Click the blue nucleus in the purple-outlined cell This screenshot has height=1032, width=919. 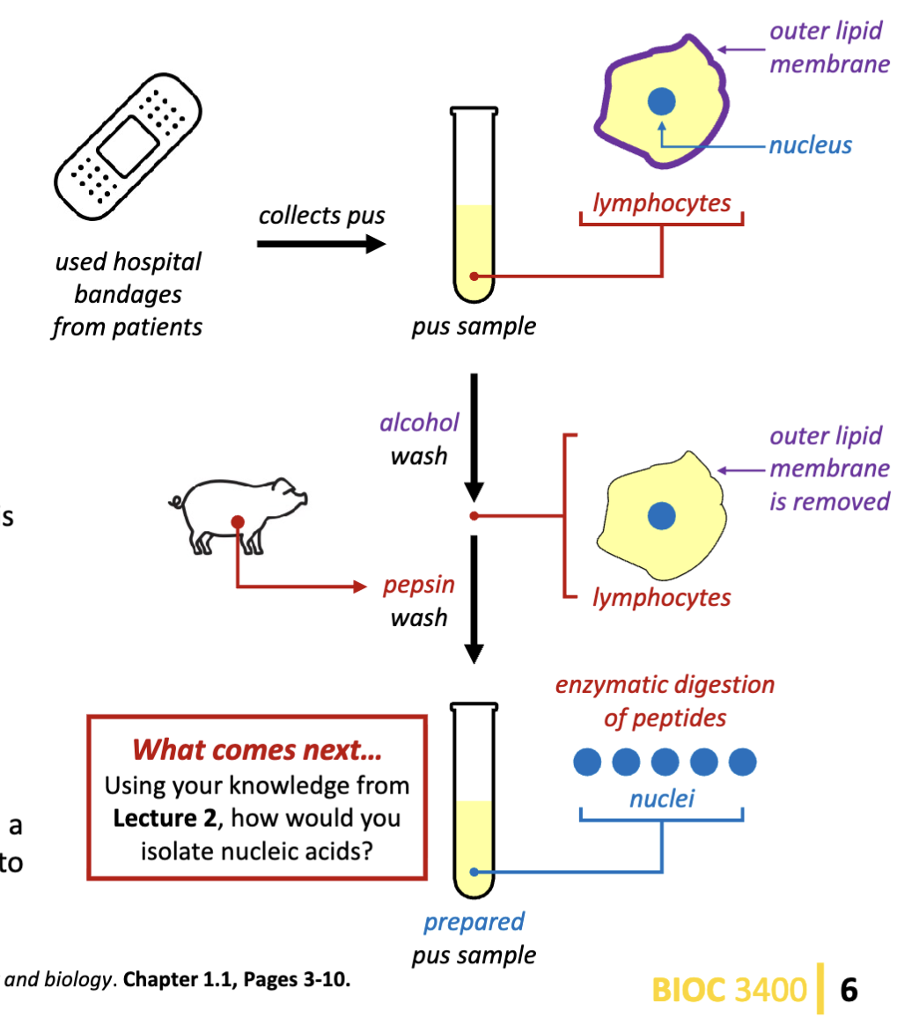click(x=662, y=102)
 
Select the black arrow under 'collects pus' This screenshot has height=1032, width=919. click(x=321, y=243)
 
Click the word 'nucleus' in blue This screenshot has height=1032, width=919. click(x=810, y=145)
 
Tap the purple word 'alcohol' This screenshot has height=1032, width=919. click(x=419, y=423)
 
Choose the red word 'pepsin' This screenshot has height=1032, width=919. click(x=419, y=586)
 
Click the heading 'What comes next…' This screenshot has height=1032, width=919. click(x=256, y=750)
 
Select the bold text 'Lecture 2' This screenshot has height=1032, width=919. click(x=165, y=818)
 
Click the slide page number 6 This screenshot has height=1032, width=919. click(x=849, y=990)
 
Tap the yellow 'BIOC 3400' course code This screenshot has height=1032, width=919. click(x=729, y=990)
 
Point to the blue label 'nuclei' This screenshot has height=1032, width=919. click(x=662, y=799)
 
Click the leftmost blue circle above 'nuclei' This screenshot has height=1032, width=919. click(x=587, y=762)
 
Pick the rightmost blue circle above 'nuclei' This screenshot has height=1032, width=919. click(x=743, y=762)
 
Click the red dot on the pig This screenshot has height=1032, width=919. click(x=238, y=522)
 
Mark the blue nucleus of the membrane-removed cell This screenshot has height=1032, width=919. click(x=662, y=516)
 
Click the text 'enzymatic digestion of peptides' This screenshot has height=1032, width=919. click(x=665, y=701)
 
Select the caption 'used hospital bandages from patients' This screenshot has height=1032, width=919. click(x=128, y=294)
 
